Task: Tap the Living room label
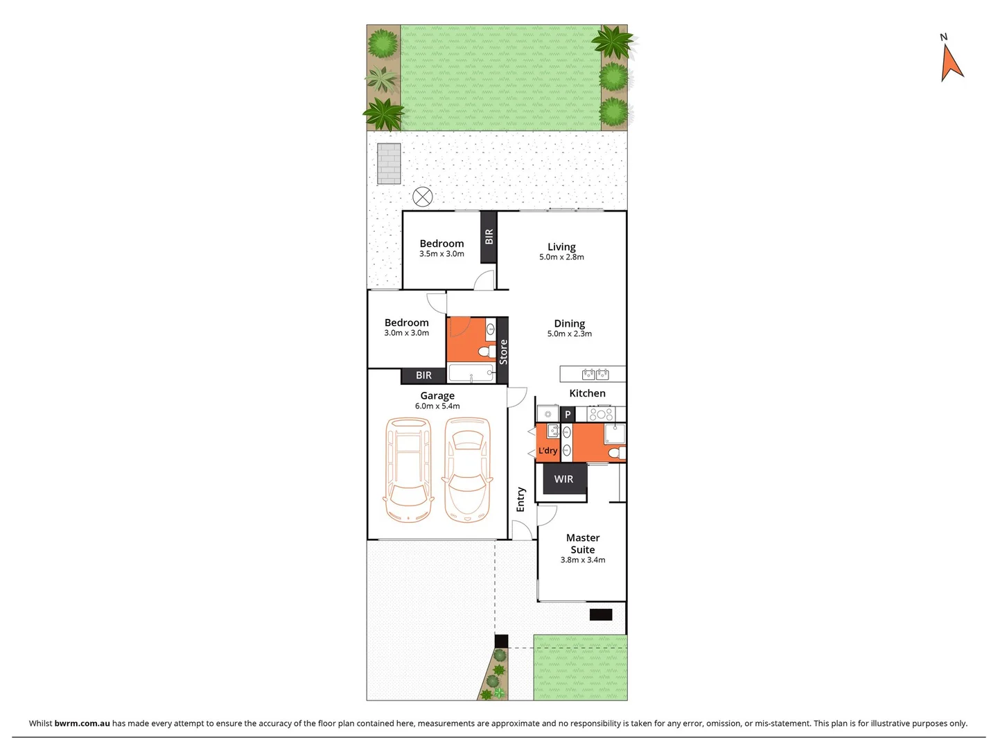(x=561, y=247)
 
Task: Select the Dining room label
(x=569, y=324)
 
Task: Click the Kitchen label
(x=587, y=393)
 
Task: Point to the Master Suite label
(x=583, y=544)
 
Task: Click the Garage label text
(x=437, y=396)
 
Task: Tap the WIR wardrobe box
(x=563, y=479)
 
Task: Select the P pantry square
(x=568, y=415)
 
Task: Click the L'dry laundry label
(x=548, y=451)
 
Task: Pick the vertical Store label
(x=503, y=352)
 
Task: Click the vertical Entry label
(x=520, y=499)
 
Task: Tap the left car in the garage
(x=408, y=470)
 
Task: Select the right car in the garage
(x=468, y=470)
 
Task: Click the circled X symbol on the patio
(x=422, y=197)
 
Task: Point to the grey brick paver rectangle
(x=389, y=164)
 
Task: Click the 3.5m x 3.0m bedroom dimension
(x=441, y=254)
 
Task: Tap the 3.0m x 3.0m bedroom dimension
(x=406, y=333)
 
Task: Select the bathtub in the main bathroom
(x=471, y=374)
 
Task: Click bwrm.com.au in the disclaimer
(x=82, y=723)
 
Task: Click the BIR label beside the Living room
(x=489, y=236)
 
